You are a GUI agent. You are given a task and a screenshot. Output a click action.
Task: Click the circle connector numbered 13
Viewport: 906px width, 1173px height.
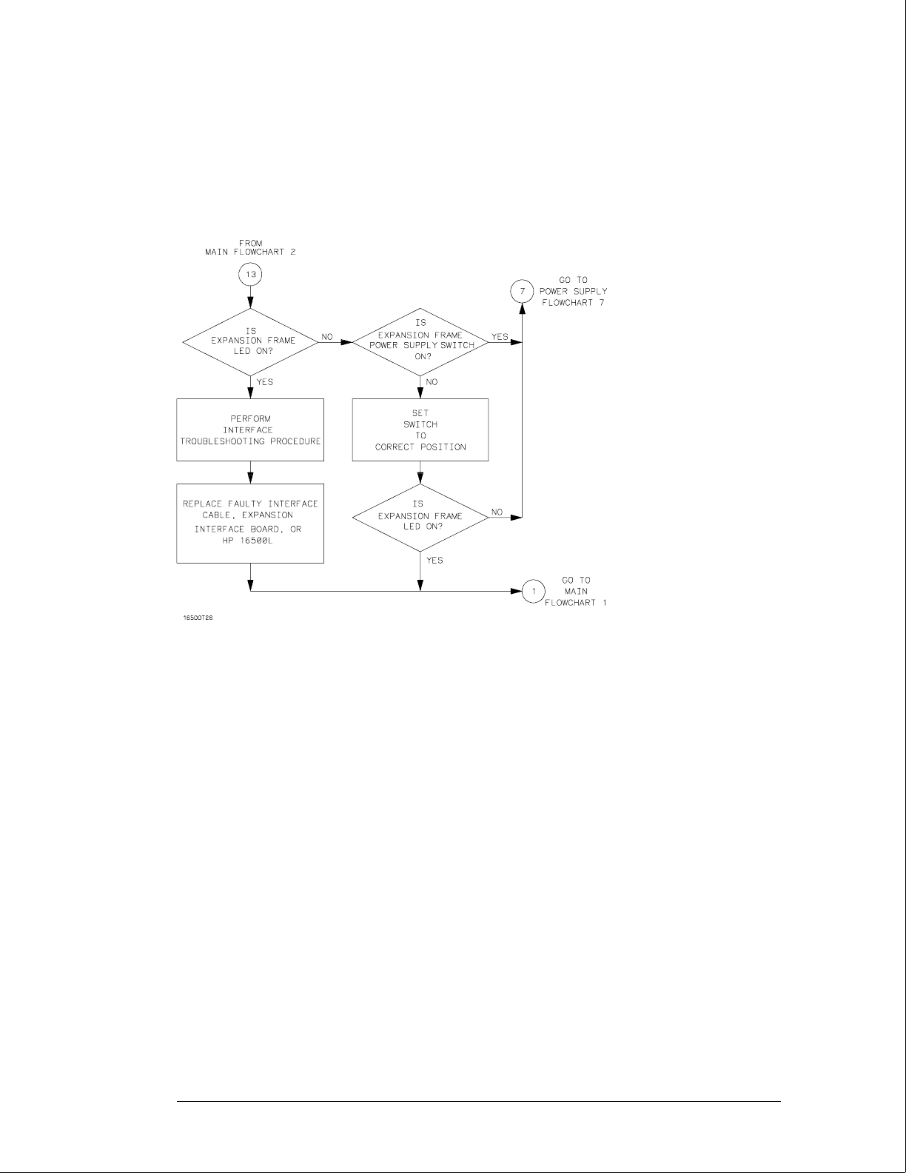click(250, 274)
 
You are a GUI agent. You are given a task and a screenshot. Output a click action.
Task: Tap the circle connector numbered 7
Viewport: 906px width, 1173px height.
click(523, 291)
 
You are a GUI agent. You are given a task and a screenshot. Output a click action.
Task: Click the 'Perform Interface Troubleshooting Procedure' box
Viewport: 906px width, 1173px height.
click(250, 430)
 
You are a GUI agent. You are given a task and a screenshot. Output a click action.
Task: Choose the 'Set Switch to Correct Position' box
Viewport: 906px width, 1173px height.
click(420, 430)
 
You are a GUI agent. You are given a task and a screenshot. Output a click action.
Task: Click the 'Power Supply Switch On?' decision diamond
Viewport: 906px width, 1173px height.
click(420, 341)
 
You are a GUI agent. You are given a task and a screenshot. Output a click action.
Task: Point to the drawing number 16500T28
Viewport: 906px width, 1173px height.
click(198, 617)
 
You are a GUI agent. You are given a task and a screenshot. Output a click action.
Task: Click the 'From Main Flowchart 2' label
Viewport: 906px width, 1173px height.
click(250, 247)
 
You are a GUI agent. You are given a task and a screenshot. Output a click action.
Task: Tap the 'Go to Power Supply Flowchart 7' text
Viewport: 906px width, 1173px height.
click(574, 291)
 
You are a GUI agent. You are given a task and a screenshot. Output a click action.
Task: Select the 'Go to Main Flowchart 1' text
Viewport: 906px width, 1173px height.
click(575, 591)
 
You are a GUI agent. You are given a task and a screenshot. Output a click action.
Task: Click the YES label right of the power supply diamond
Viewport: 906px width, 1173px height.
click(500, 337)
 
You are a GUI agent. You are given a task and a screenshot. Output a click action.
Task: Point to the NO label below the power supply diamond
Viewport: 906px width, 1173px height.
click(432, 382)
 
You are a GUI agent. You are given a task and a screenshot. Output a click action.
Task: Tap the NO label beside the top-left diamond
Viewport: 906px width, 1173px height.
click(328, 337)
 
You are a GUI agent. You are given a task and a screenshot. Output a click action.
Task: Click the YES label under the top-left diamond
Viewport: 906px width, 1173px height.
click(264, 382)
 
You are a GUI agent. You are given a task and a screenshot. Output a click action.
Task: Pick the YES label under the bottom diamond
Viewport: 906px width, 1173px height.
click(434, 560)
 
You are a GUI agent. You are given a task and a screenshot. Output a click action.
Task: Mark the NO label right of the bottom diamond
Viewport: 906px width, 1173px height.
click(497, 512)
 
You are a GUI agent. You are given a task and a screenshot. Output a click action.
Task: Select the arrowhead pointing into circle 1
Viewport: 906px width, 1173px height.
click(517, 591)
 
